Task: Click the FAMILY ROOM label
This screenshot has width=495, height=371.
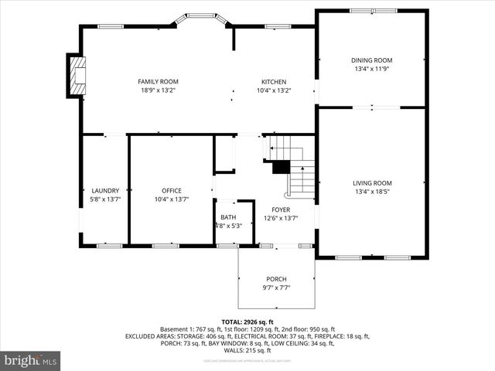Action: coord(158,81)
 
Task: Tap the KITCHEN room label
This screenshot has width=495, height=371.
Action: coord(274,81)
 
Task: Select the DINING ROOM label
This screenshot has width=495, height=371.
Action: coord(372,60)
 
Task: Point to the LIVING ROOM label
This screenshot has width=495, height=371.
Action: coord(373,183)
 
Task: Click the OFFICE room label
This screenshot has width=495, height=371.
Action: coord(171,190)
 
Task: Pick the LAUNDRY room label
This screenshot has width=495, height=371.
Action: coord(105,190)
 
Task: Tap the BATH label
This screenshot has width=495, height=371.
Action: coord(228,217)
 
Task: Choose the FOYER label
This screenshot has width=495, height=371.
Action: coord(280,209)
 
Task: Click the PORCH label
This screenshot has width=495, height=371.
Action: coord(276,279)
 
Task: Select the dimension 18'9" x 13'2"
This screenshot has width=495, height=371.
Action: coord(158,90)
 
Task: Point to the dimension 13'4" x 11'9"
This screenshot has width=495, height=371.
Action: coord(372,69)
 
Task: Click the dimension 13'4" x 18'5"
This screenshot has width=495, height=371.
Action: coord(373,192)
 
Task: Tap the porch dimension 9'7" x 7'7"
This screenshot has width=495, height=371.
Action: coord(276,288)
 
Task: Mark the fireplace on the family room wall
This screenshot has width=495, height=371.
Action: coord(76,75)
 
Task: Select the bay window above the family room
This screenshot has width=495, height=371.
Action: coord(203,16)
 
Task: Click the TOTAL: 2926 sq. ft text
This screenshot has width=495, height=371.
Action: coord(247,322)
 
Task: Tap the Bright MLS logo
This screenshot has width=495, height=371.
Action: coord(31,360)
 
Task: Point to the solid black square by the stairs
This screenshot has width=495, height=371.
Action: coord(280,166)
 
